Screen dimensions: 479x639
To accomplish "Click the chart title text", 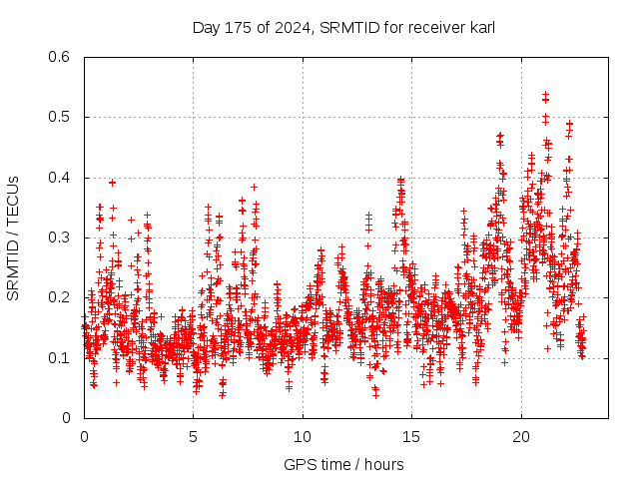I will (x=343, y=26).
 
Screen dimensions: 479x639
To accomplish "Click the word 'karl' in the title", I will (x=481, y=26).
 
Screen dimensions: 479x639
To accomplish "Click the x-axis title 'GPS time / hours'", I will (x=343, y=464).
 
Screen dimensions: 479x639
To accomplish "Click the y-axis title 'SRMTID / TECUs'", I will (x=13, y=238).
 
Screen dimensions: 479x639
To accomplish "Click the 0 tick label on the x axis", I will (x=84, y=437).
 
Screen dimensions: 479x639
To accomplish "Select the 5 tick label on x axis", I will (x=193, y=437).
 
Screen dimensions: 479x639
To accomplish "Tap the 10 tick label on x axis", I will (x=302, y=437).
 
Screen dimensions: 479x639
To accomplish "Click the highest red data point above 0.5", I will (x=545, y=94).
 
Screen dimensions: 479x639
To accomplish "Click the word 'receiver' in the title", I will (x=435, y=26).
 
